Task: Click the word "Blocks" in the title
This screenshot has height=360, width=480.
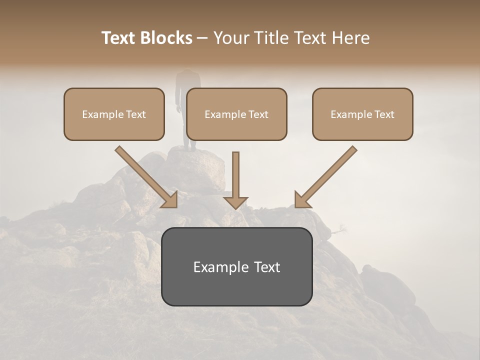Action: point(166,38)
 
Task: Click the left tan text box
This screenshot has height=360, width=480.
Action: point(114,114)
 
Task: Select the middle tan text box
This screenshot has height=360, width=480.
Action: point(236,114)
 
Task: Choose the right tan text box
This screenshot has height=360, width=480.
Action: point(362,114)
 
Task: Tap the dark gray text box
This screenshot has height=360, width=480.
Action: point(236,266)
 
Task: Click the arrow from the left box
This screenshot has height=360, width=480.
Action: point(145,175)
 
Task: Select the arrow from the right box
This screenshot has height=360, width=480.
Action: point(327,175)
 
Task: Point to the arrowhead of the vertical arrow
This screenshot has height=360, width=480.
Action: point(235,203)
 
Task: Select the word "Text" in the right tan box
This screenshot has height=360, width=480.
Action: point(384,114)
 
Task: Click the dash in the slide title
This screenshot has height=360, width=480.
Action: point(202,38)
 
